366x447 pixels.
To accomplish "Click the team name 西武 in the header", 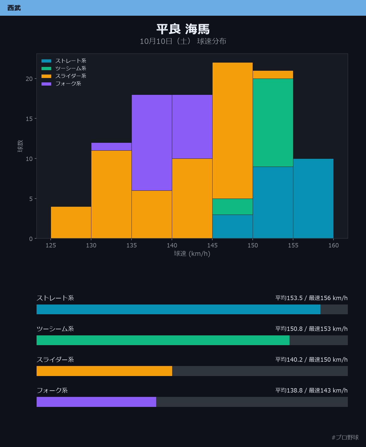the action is pos(14,8).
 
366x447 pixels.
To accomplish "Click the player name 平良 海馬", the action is pos(183,29).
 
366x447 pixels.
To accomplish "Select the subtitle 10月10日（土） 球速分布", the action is pos(183,41).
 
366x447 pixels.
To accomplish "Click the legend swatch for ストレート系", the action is pos(46,61).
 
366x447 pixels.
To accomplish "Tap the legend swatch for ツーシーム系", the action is pos(46,69).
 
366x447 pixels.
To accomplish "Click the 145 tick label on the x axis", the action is pos(212,245).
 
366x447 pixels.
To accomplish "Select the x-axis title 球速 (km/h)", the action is pos(192,254).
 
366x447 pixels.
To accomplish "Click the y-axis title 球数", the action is pos(20,146).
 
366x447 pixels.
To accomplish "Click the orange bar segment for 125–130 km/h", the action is pos(71,223).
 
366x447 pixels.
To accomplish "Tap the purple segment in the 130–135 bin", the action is pos(111,147).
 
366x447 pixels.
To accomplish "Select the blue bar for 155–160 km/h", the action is pos(313,199).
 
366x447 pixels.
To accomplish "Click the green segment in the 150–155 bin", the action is pos(273,123).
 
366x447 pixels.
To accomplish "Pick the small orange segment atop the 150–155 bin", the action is pos(273,75).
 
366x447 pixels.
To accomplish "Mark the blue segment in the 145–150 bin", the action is pos(232,226).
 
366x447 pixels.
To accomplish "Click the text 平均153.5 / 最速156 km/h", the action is pos(312,298).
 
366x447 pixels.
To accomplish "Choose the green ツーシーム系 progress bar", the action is pos(163,340).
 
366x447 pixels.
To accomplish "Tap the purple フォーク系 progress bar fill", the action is pos(96,402).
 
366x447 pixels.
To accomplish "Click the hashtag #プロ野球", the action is pos(345,437).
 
